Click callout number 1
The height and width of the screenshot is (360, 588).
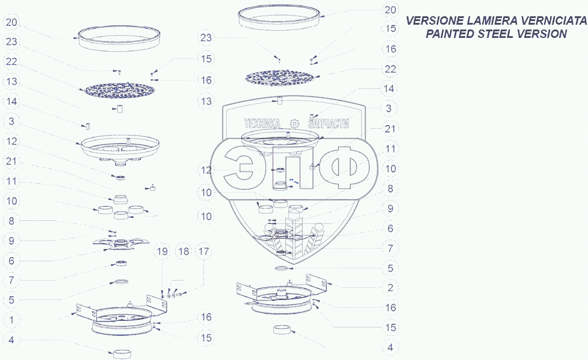[x=12, y=318]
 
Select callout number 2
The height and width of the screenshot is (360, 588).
[x=391, y=288]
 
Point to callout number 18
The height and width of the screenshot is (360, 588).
[x=183, y=252]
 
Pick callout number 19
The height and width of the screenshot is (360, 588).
[x=162, y=252]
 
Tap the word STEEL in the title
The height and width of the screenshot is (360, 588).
[x=491, y=34]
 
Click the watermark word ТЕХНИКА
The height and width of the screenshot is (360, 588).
[x=262, y=123]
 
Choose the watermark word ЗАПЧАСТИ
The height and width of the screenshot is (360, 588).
[x=329, y=123]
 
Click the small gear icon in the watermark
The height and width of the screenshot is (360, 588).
[x=295, y=122]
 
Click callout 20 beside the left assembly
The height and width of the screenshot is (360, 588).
[x=12, y=23]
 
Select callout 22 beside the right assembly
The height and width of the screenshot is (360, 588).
[x=391, y=69]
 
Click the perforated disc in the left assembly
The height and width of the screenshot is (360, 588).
[x=119, y=90]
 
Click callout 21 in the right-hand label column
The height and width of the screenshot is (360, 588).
[x=391, y=128]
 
